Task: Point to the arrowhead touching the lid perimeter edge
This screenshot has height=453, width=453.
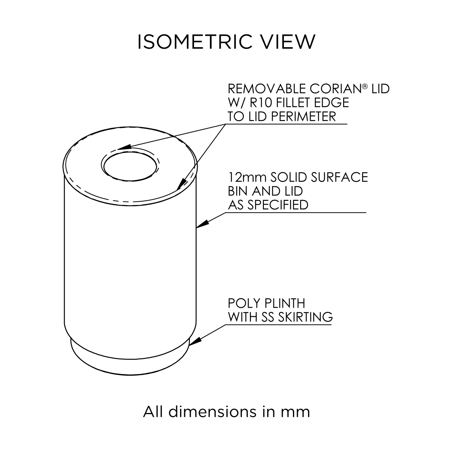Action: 181,185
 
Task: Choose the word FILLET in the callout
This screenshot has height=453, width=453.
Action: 298,103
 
